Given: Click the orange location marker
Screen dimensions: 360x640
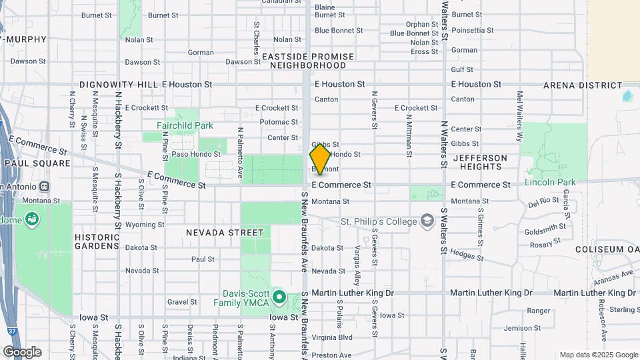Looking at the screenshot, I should pos(320,159).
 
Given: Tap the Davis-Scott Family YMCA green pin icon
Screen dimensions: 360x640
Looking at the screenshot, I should pos(279,297).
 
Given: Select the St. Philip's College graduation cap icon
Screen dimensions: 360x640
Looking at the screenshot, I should pos(427,221).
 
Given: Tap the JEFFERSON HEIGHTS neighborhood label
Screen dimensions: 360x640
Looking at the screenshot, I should pos(480,163).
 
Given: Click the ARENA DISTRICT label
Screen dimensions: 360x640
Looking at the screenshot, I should pos(583,85).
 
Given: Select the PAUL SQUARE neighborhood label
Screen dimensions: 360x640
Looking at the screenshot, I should pos(37,163).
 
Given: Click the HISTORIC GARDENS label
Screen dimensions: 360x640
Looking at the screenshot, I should pos(97,241).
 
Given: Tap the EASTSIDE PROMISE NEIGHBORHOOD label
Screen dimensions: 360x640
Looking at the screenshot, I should pos(303,61).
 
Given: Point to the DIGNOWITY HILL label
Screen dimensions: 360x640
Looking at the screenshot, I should pos(119,85).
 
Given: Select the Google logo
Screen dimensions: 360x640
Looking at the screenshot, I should pos(22,351).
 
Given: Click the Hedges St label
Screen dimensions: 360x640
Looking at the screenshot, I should pos(466,253).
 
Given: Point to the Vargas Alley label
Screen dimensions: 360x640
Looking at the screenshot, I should pos(357,265).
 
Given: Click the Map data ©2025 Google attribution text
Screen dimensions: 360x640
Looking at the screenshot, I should pos(597,355).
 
